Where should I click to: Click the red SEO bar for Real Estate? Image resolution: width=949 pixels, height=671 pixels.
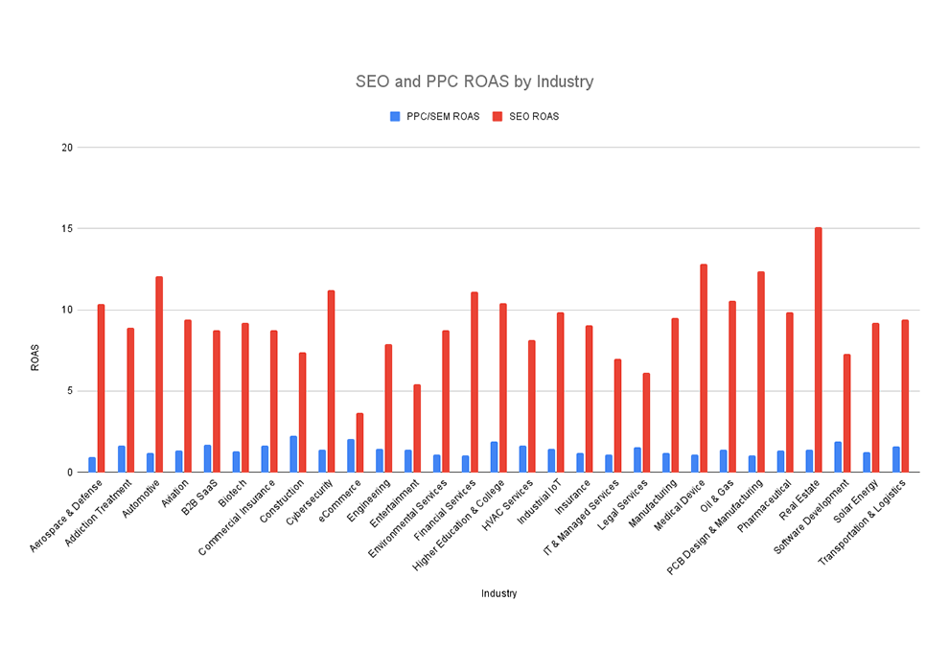pos(819,350)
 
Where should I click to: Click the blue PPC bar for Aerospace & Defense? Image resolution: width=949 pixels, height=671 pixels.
pos(92,465)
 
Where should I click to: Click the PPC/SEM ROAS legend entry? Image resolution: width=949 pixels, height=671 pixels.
pos(435,116)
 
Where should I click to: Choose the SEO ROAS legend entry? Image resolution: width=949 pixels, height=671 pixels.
pos(526,116)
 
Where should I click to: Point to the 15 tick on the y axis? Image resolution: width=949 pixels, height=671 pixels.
pos(67,229)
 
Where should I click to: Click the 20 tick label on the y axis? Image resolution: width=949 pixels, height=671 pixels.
pos(67,148)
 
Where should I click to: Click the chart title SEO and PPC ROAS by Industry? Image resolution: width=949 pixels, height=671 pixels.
pos(474,81)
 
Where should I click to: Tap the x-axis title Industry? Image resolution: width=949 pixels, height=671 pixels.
pos(499,593)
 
